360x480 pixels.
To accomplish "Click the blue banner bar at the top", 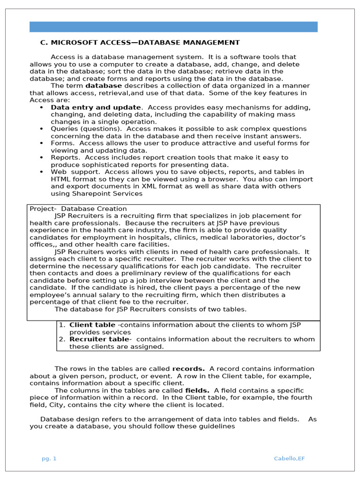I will pyautogui.click(x=173, y=27).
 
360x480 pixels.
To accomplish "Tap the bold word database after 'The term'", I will pyautogui.click(x=103, y=86).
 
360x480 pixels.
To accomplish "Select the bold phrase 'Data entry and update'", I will pyautogui.click(x=96, y=107).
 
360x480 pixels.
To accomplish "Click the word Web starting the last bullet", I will pyautogui.click(x=59, y=172).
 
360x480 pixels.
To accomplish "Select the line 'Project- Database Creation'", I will pyautogui.click(x=78, y=209).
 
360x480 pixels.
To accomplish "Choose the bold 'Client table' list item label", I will pyautogui.click(x=92, y=324).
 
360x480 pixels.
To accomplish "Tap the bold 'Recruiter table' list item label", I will pyautogui.click(x=98, y=339).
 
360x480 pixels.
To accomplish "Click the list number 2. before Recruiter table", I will pyautogui.click(x=62, y=339).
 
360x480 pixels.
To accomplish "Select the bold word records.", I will pyautogui.click(x=188, y=369).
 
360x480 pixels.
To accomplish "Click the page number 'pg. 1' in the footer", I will pyautogui.click(x=49, y=458).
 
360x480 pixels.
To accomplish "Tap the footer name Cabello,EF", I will pyautogui.click(x=289, y=458).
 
